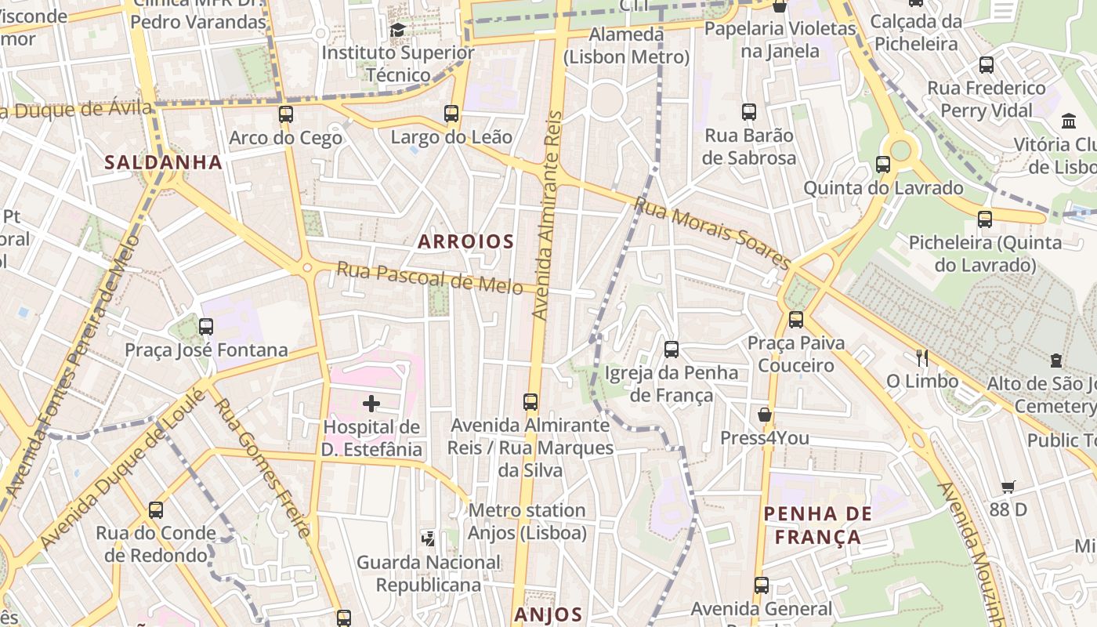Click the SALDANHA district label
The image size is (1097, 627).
point(164,162)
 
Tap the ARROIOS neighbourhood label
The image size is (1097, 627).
point(465,241)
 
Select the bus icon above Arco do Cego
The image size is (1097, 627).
point(286,114)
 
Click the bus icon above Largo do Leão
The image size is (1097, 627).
point(451,114)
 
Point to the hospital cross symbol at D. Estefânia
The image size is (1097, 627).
point(371,404)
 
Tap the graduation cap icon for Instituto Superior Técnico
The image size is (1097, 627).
point(397,31)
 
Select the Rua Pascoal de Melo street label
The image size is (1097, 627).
point(429,278)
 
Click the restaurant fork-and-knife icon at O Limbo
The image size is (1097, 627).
point(922,358)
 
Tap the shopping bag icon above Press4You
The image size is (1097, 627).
point(764,415)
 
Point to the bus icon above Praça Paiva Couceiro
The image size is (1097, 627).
point(795,320)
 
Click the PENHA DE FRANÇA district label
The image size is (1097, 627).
point(817,525)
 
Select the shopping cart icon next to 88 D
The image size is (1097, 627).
point(1008,487)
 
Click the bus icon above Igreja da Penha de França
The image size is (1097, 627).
point(672,350)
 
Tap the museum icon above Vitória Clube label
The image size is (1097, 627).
point(1068,121)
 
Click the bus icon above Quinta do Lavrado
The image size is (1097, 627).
point(883,165)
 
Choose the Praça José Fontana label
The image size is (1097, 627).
point(206,350)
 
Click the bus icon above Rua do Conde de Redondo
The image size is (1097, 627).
point(156,510)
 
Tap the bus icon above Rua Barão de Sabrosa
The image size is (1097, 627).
point(749,112)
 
